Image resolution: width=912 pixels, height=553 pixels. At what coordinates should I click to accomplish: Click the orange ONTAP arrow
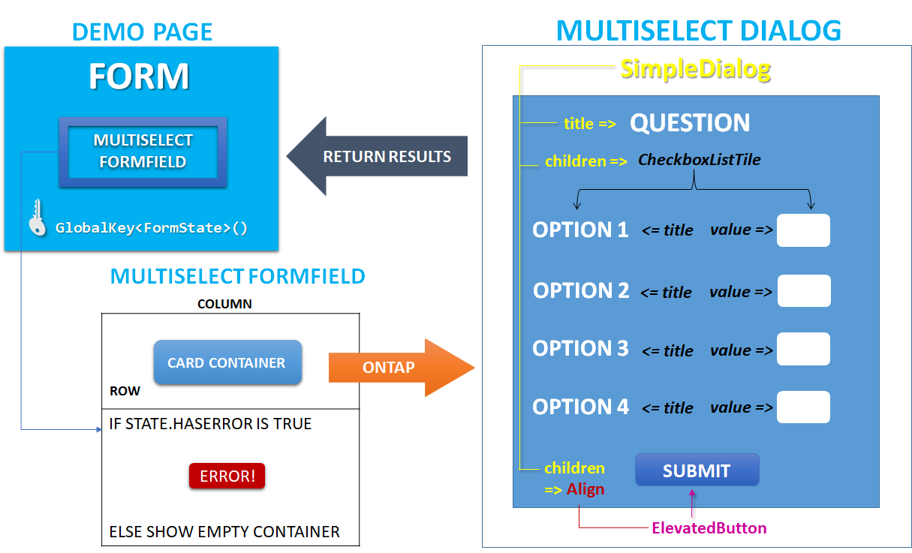(398, 368)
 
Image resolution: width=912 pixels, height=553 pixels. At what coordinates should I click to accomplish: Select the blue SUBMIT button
(697, 470)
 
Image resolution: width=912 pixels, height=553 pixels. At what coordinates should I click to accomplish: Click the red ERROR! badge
(227, 476)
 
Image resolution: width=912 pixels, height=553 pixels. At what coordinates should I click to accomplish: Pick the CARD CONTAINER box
(227, 362)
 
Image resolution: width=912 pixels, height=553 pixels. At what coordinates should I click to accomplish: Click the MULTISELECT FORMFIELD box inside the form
(143, 152)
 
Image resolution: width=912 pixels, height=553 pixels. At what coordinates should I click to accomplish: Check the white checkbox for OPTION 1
(803, 230)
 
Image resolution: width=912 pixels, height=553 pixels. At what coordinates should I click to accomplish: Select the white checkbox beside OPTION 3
(803, 350)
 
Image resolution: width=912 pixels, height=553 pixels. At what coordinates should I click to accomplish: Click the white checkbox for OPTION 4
(803, 407)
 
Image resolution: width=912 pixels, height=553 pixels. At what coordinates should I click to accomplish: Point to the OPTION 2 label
(581, 290)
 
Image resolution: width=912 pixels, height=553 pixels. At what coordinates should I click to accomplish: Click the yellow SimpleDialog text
(695, 70)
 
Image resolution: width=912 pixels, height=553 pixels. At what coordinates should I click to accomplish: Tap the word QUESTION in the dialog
(689, 123)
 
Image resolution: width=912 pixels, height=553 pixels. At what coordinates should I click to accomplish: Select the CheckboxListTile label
(699, 160)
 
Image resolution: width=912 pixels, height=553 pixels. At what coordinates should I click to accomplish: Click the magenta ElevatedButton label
(709, 528)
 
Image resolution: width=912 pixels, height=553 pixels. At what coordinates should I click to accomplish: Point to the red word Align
(585, 489)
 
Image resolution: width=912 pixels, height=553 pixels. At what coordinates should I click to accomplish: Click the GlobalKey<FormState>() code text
(152, 228)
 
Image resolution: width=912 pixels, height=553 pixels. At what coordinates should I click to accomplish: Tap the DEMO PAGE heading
(142, 32)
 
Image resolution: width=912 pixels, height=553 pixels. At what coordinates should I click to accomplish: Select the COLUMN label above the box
(224, 305)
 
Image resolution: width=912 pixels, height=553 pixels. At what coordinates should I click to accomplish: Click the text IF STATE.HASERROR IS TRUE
(210, 424)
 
